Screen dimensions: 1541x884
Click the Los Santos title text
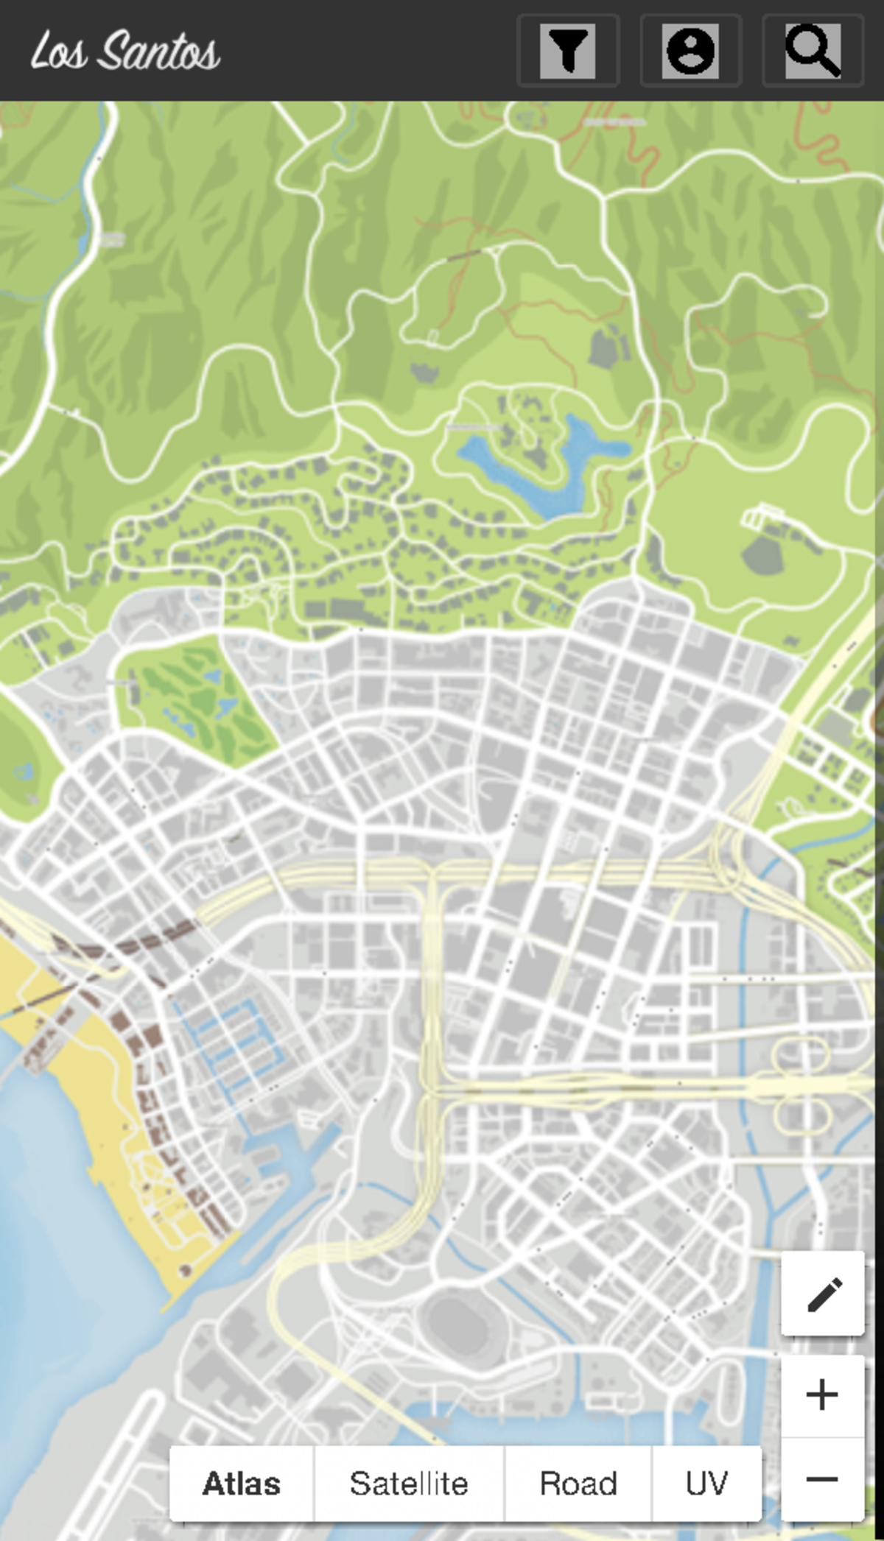tap(125, 51)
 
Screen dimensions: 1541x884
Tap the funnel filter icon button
tap(568, 51)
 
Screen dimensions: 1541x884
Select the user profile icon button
tap(690, 51)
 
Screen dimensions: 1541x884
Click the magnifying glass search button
tap(813, 51)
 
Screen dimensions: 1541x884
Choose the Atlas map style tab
tap(242, 1483)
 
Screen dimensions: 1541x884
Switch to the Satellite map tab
tap(409, 1483)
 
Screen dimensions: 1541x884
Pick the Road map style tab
tap(578, 1483)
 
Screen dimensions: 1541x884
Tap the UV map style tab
tap(706, 1483)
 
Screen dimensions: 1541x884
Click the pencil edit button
tap(823, 1294)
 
